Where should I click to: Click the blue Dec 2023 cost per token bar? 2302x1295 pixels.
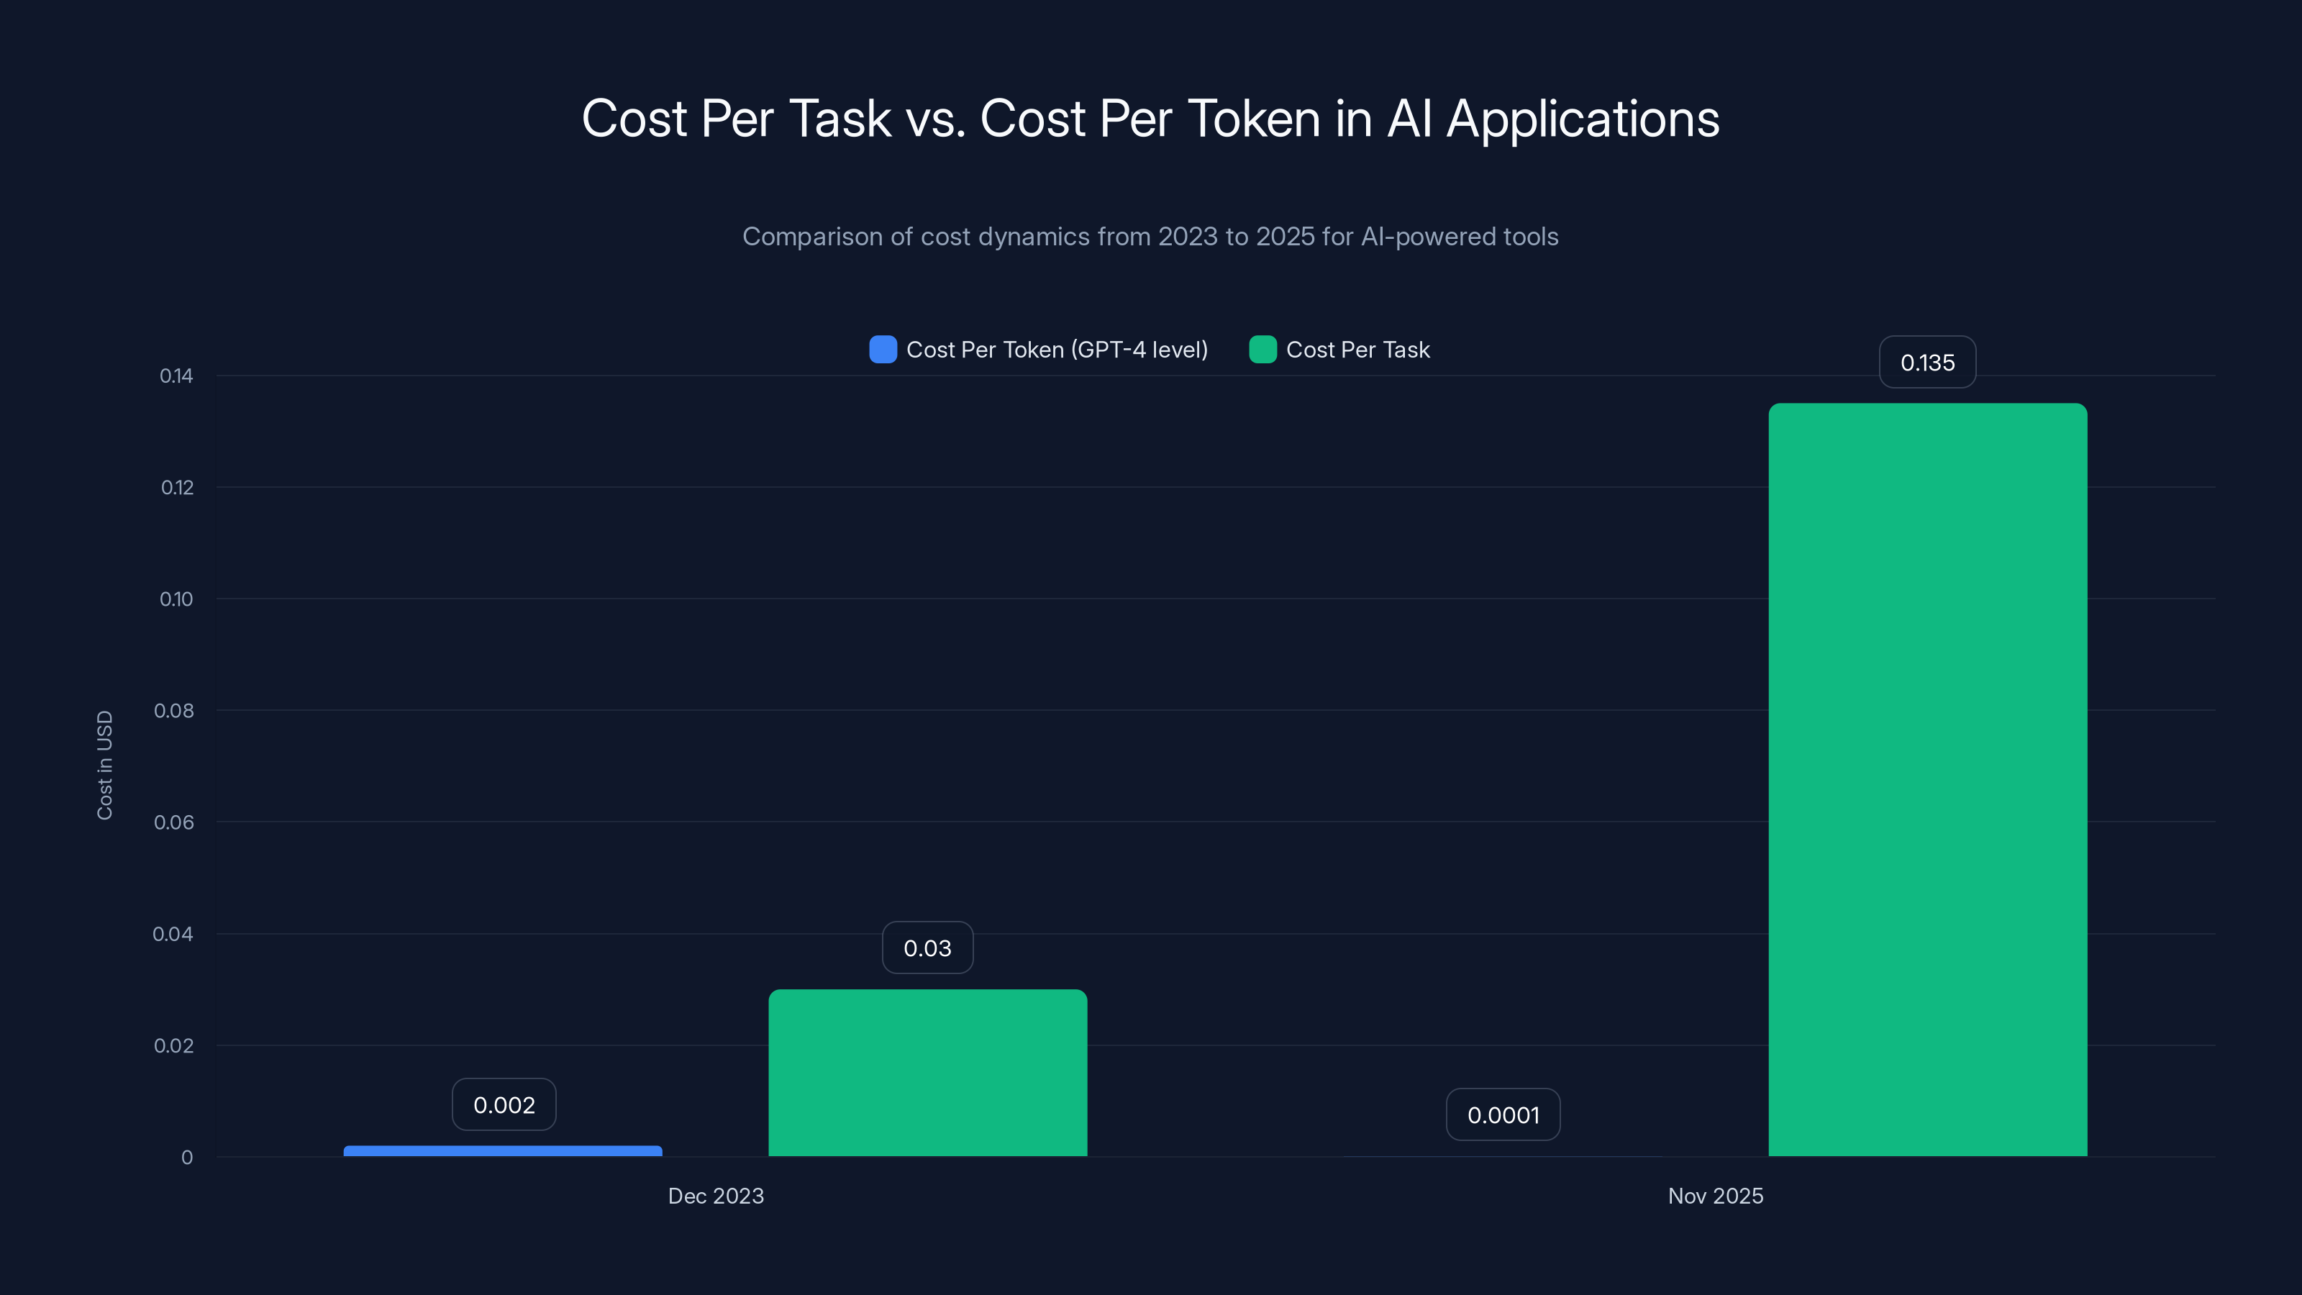pyautogui.click(x=502, y=1151)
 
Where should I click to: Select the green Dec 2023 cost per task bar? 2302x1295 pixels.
pyautogui.click(x=927, y=1073)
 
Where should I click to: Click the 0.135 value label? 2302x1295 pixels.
pyautogui.click(x=1928, y=363)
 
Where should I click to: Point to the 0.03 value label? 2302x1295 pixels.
pyautogui.click(x=927, y=948)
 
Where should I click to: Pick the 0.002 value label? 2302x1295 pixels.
pyautogui.click(x=504, y=1104)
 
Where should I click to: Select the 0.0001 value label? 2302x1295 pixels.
pyautogui.click(x=1503, y=1114)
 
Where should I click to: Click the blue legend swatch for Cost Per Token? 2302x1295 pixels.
pyautogui.click(x=883, y=350)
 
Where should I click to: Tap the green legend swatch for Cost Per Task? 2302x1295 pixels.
pyautogui.click(x=1263, y=350)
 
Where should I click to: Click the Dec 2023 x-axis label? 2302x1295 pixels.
pyautogui.click(x=716, y=1196)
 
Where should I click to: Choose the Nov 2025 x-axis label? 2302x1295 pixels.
pyautogui.click(x=1716, y=1196)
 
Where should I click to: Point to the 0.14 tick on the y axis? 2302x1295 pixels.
pyautogui.click(x=176, y=376)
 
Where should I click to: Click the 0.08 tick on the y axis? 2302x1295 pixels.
pyautogui.click(x=173, y=711)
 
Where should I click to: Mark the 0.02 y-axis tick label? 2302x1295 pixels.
pyautogui.click(x=173, y=1045)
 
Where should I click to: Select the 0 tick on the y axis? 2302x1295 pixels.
pyautogui.click(x=187, y=1158)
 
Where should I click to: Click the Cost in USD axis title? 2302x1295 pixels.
pyautogui.click(x=104, y=765)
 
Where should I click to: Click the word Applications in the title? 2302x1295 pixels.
pyautogui.click(x=1583, y=119)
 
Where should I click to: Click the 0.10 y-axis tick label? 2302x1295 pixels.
pyautogui.click(x=176, y=599)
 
